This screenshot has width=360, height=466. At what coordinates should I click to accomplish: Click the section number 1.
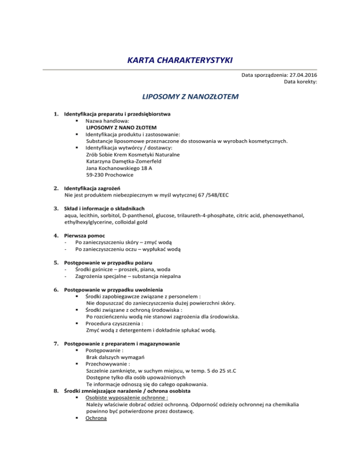[x=56, y=114]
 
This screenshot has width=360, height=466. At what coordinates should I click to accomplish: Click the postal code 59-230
[x=96, y=175]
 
